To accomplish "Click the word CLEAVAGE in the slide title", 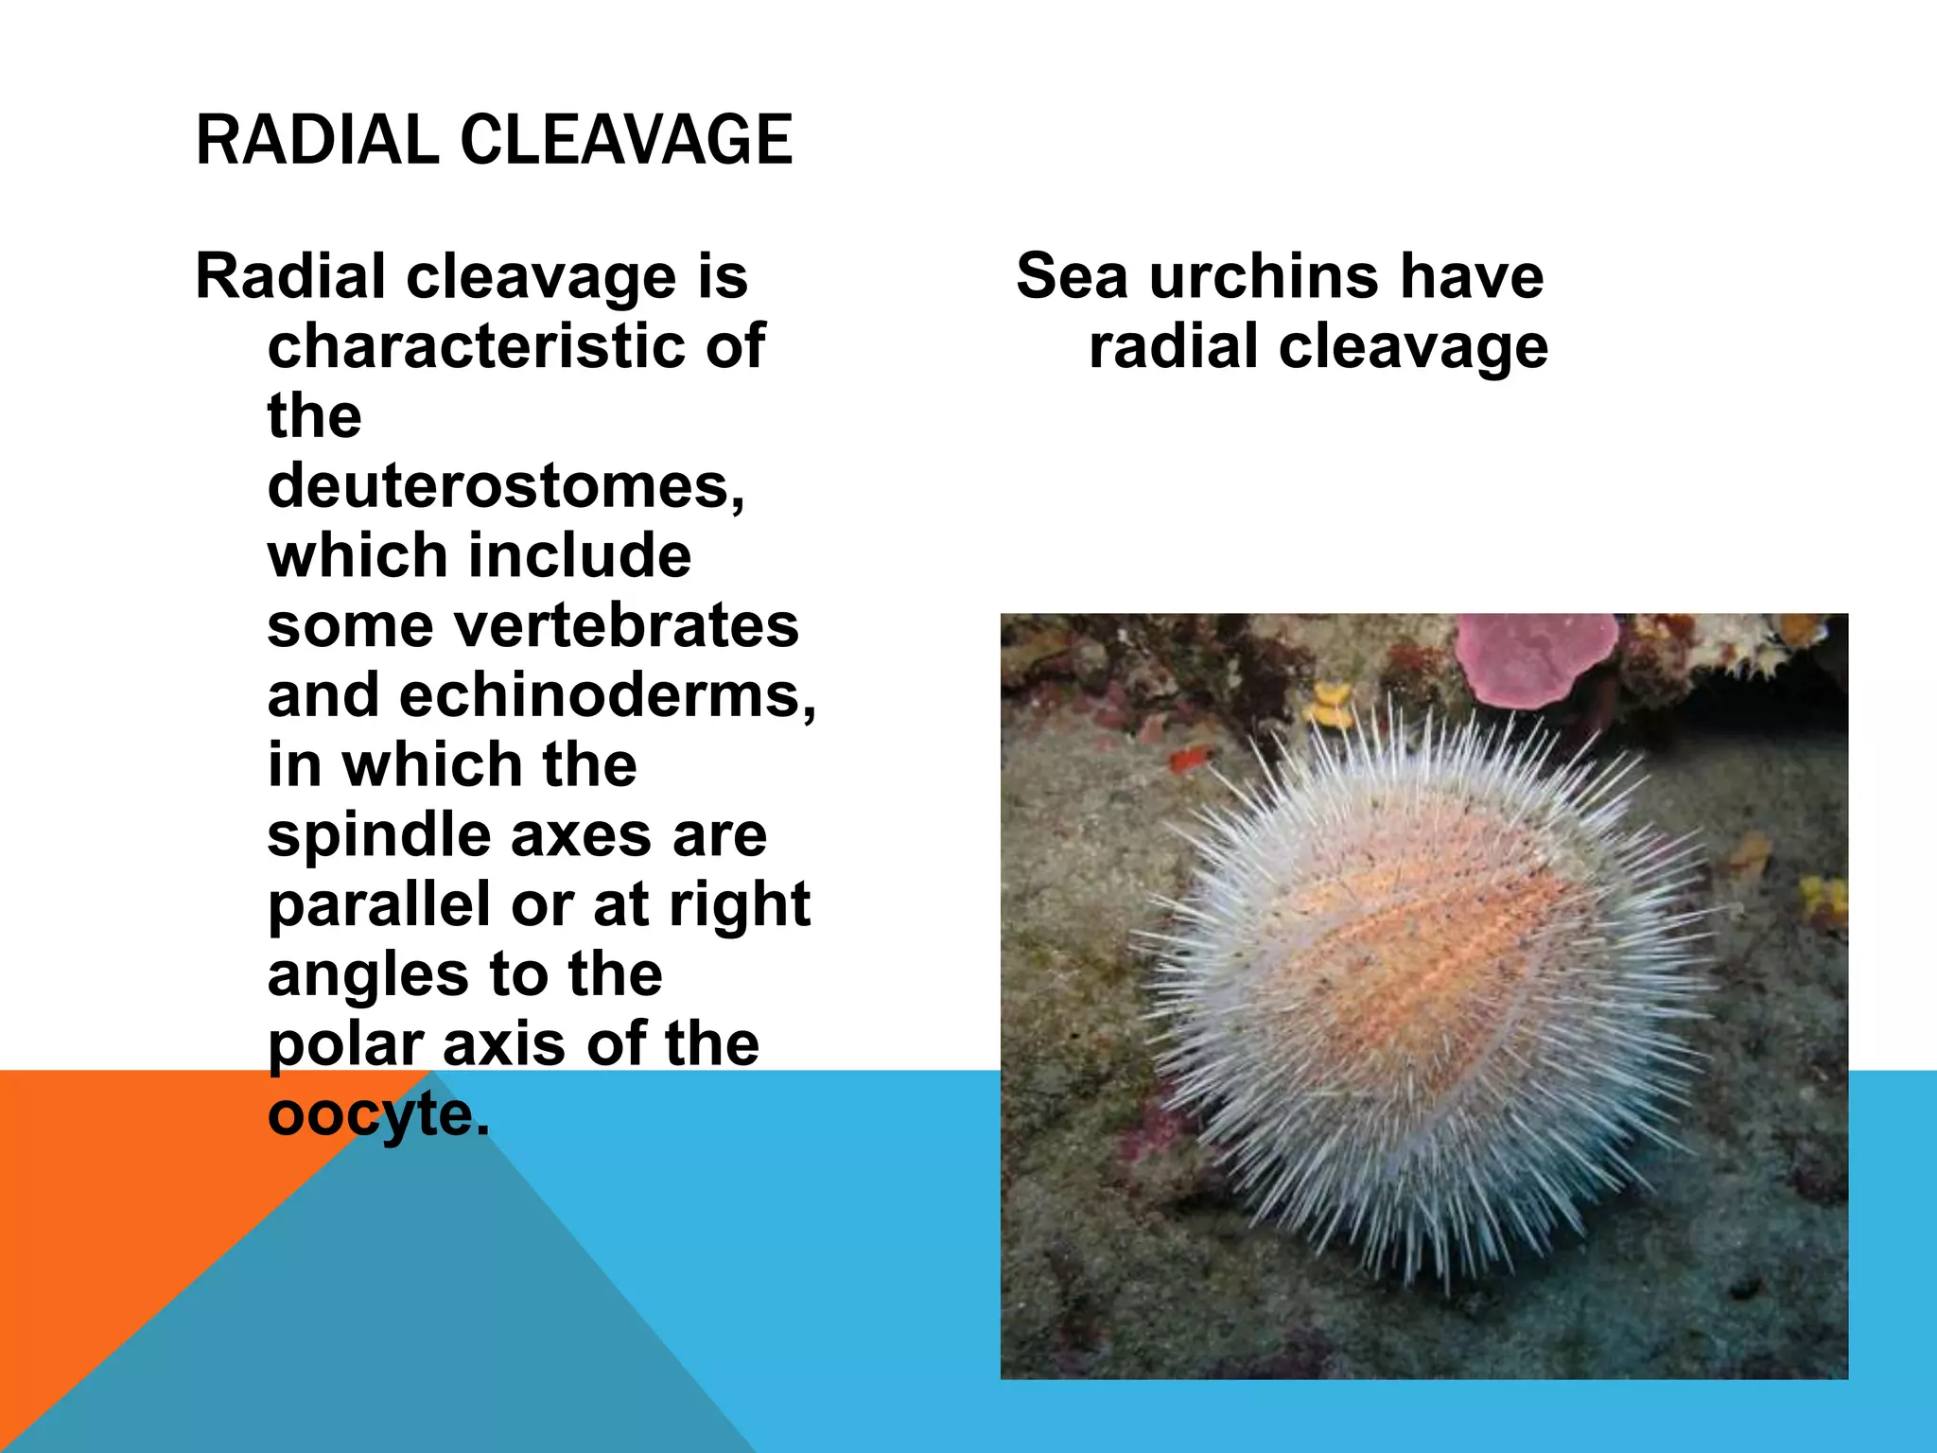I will (x=626, y=140).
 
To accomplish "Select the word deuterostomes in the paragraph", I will (x=505, y=486).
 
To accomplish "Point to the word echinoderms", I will (x=607, y=695).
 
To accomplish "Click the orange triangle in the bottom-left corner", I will (x=113, y=1230).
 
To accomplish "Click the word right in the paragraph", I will (x=740, y=906).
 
